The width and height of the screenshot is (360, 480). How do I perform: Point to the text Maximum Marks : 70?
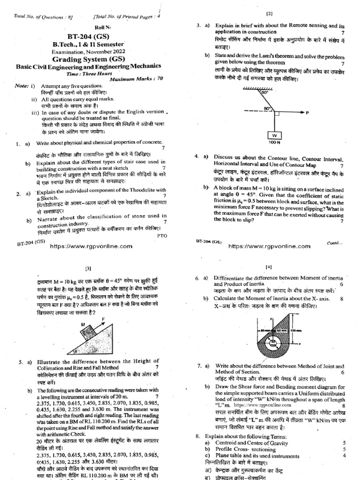coord(136,78)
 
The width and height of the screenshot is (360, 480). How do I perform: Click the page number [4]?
coord(269,267)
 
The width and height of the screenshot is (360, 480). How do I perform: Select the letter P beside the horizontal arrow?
coord(307,113)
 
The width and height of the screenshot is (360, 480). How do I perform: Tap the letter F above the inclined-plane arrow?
coord(103,320)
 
